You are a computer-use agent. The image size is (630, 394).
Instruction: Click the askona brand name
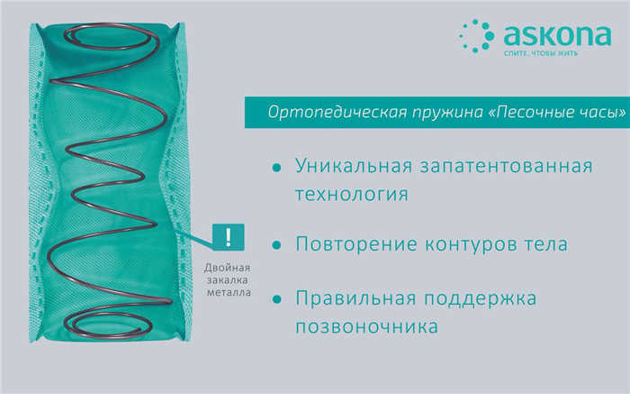click(557, 35)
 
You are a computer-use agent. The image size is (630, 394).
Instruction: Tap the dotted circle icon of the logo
click(477, 36)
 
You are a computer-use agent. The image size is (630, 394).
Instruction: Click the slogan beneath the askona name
click(541, 53)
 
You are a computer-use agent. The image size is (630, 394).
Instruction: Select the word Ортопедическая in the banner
click(337, 113)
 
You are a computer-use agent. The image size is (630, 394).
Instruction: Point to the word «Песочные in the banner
click(529, 113)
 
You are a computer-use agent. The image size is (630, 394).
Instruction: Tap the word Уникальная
click(354, 166)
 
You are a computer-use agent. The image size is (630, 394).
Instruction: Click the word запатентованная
click(506, 167)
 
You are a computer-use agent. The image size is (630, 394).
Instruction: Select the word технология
click(352, 195)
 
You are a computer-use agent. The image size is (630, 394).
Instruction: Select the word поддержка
click(480, 299)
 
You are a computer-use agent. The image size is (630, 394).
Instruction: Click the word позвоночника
click(366, 326)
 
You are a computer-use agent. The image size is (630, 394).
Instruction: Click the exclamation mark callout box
click(229, 237)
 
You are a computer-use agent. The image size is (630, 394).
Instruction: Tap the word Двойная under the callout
click(227, 268)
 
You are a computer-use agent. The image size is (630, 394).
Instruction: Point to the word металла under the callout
click(229, 292)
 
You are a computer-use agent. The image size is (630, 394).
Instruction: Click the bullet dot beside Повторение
click(276, 245)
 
